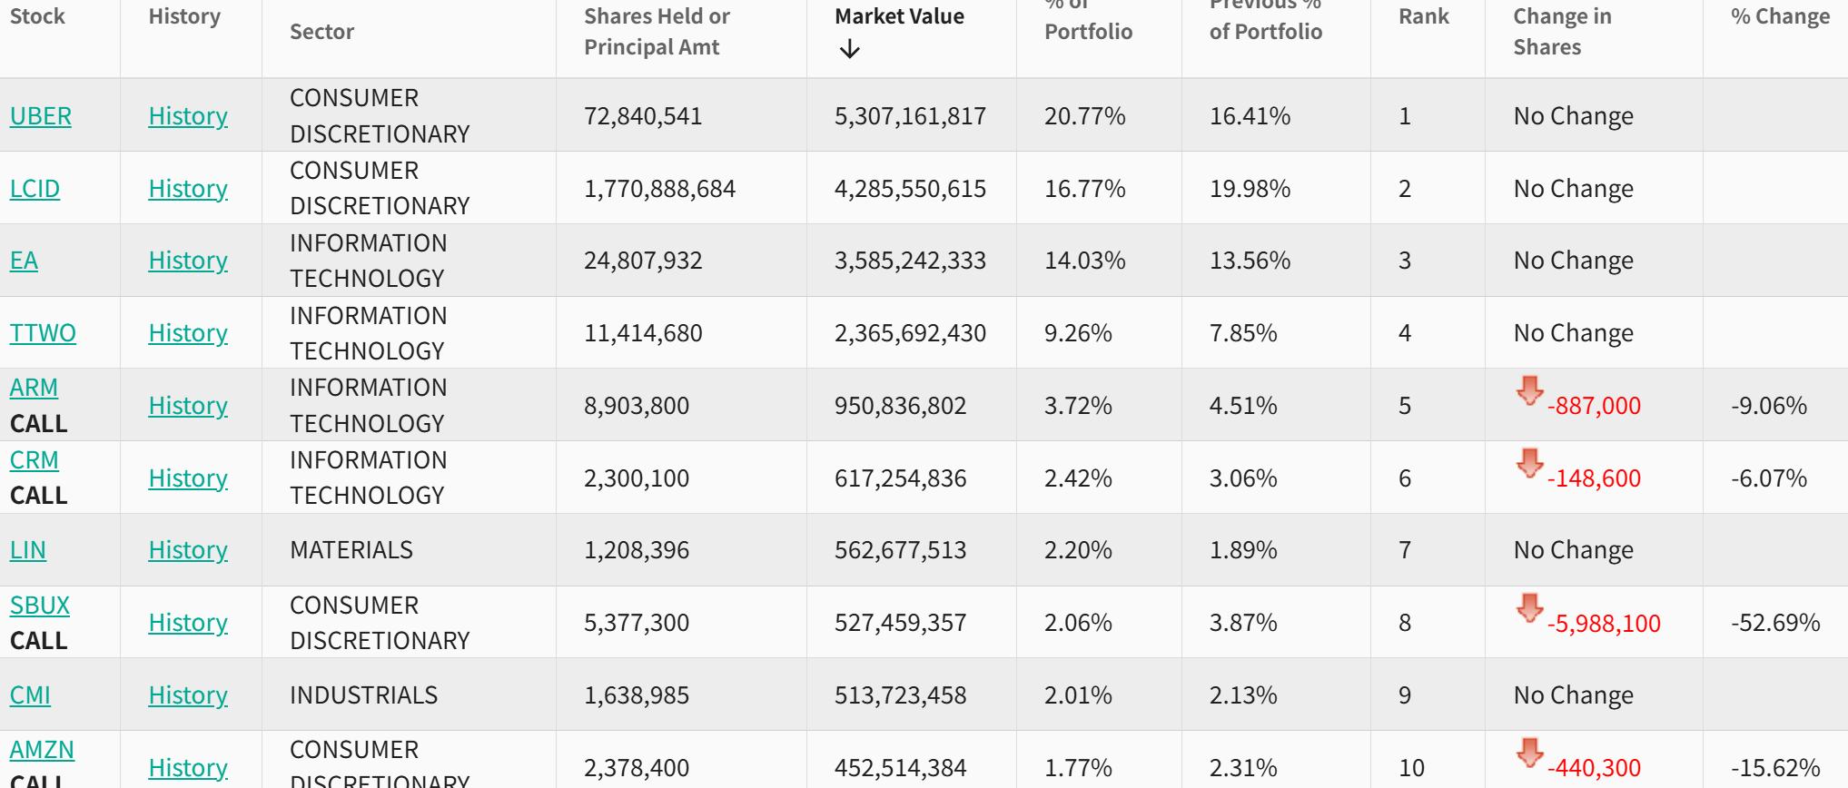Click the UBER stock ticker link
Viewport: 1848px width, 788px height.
coord(40,116)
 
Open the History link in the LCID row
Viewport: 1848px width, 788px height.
coord(187,189)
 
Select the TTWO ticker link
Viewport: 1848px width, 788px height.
coord(43,333)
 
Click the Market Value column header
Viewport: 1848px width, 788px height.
coord(899,16)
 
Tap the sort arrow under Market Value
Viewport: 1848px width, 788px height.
coord(849,49)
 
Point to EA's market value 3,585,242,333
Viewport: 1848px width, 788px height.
coord(910,261)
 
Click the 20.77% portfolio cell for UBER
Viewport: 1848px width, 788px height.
coord(1084,116)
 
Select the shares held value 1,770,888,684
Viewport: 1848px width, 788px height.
coord(659,189)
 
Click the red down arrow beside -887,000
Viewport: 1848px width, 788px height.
coord(1529,391)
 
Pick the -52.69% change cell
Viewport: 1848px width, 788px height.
coord(1774,623)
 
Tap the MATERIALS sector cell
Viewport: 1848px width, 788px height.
coord(351,550)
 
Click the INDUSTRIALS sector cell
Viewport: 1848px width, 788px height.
coord(363,695)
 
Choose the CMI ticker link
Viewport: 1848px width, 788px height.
coord(30,695)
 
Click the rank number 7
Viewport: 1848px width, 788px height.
coord(1405,550)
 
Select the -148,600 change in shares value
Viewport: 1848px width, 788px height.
coord(1594,478)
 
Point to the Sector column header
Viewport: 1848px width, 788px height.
coord(321,32)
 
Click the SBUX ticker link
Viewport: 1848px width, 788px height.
coord(39,606)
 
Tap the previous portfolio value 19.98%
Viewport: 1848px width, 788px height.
coord(1250,189)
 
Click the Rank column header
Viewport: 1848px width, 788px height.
coord(1423,16)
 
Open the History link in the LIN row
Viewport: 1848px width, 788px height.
coord(187,550)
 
